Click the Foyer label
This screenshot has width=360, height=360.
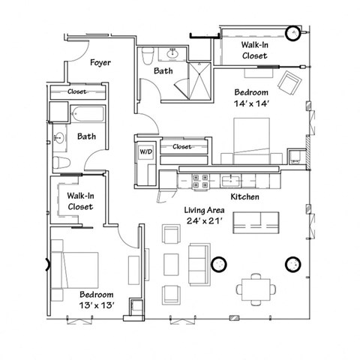(100, 63)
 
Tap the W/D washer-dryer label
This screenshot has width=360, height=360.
(145, 151)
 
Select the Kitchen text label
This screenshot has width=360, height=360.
(244, 196)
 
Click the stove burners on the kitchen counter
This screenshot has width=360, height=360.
(202, 180)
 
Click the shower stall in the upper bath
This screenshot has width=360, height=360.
(196, 78)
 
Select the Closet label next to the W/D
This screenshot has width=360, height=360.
(182, 146)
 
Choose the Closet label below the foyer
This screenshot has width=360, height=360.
(77, 91)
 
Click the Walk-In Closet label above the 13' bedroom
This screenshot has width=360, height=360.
(80, 201)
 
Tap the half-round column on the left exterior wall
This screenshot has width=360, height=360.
(49, 264)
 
